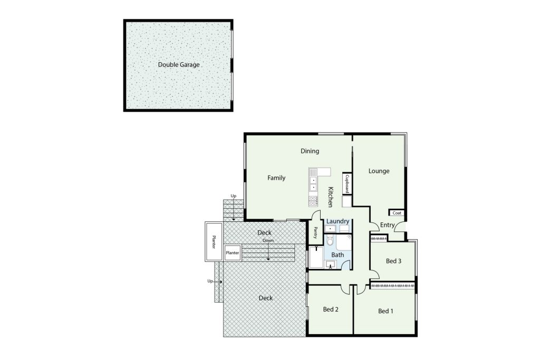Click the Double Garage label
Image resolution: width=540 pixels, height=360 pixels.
pos(179,65)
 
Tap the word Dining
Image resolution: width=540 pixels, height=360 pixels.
pos(310,151)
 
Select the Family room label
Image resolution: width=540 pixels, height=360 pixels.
pos(276,178)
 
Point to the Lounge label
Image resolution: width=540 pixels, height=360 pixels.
pos(379,171)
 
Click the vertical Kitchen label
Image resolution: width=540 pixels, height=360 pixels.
pos(330,197)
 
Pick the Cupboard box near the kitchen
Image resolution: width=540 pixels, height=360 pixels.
pos(347,184)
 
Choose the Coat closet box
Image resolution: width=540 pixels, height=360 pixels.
pos(397,213)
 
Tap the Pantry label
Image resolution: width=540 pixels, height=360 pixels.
pos(315,232)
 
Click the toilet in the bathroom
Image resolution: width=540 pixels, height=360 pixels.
pos(330,240)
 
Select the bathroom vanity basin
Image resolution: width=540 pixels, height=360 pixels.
pos(331,265)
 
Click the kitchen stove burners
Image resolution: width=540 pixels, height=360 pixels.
pos(313,201)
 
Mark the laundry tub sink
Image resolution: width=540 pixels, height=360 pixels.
pos(330,229)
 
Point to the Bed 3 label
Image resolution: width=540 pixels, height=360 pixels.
pos(393,261)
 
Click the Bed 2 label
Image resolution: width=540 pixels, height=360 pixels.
pos(331,309)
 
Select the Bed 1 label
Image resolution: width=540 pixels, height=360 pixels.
pos(385,311)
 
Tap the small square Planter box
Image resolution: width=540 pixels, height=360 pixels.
pos(233,252)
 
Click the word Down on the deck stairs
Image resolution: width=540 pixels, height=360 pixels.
pos(268,240)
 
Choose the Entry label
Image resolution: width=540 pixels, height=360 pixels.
pos(387,225)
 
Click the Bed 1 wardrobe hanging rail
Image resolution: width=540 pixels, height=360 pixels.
pos(392,286)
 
